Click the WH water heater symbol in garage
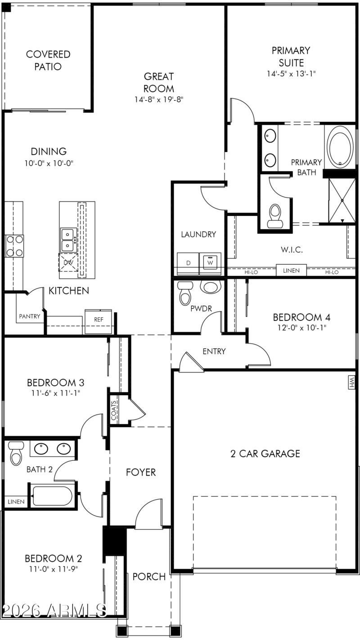(x=352, y=382)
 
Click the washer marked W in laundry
(x=210, y=262)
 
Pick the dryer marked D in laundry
(x=188, y=262)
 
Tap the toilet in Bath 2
(x=17, y=453)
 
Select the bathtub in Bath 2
(x=52, y=496)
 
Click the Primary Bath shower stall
(x=342, y=201)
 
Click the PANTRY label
(x=30, y=316)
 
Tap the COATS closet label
(x=114, y=410)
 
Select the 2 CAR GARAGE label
(x=265, y=453)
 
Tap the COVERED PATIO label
(x=48, y=60)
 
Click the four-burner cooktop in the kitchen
(x=14, y=246)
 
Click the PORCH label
(x=149, y=577)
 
